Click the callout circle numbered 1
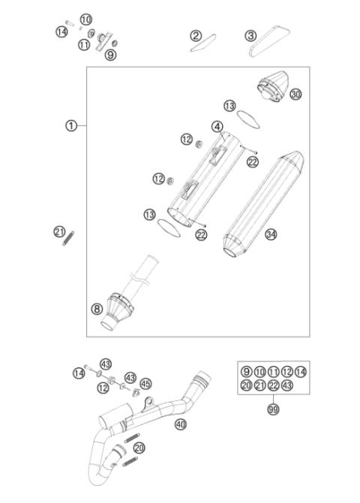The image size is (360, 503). (70, 126)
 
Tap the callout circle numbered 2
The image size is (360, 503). (196, 35)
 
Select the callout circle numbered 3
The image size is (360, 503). (250, 35)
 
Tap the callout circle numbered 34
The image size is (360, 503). (271, 235)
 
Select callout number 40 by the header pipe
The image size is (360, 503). (179, 424)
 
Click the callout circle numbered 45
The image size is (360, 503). (145, 384)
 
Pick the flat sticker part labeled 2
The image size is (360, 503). (202, 46)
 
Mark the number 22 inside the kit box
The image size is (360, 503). (273, 385)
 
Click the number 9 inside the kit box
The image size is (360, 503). (246, 372)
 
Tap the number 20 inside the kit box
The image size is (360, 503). (246, 385)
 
